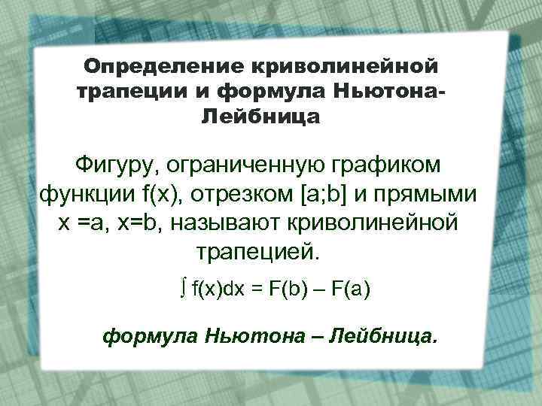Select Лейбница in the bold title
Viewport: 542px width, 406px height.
(x=260, y=117)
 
